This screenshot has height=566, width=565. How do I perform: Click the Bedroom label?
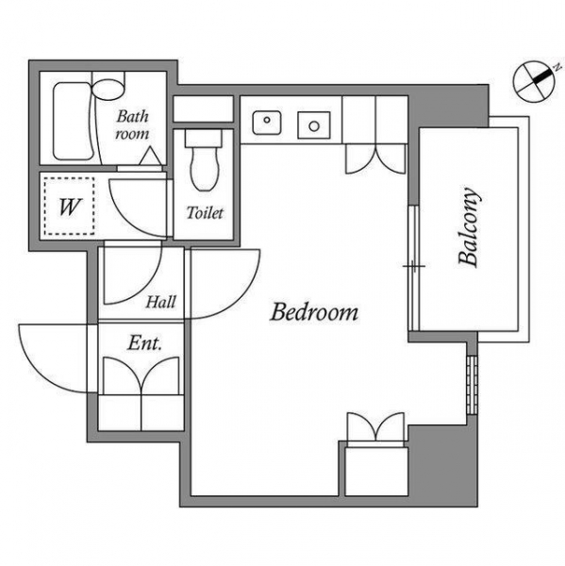coord(314,312)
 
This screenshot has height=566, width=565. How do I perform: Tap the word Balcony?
coord(470,227)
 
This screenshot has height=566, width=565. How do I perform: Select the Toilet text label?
coord(205,213)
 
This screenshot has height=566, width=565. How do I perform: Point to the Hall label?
coord(160,302)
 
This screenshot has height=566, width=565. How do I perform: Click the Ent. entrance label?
coord(144,343)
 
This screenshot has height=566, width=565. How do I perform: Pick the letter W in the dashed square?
coord(70,207)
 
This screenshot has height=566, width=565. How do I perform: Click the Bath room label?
coord(132,125)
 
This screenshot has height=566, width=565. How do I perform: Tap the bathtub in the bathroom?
coord(75,121)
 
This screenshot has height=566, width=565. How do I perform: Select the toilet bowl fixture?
coord(205,169)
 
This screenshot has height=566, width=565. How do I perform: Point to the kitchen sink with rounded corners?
coord(267,123)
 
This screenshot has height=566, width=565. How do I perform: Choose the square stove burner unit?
coord(314,125)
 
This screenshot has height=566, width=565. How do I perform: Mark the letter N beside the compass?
coord(558,67)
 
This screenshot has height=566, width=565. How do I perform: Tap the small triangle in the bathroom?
coord(151,157)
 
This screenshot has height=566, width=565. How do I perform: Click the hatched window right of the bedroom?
coord(472,385)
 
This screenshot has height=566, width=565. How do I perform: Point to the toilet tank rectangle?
coord(203,139)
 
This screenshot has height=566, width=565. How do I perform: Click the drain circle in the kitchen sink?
coord(267,120)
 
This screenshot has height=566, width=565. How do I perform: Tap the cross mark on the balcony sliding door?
coord(414,266)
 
